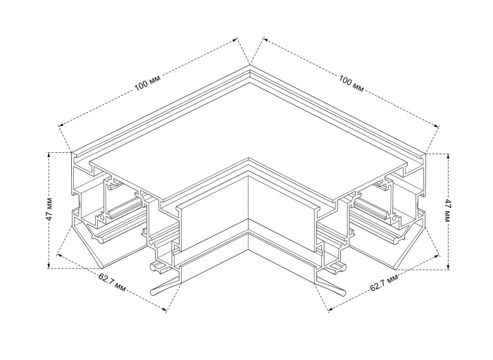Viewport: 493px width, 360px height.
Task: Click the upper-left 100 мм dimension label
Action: [147, 82]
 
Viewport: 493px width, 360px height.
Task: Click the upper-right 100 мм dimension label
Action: [351, 83]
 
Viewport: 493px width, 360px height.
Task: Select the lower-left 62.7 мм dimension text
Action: [112, 282]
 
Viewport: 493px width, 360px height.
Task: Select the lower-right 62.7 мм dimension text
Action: [385, 283]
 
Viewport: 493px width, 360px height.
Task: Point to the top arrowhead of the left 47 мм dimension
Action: [49, 155]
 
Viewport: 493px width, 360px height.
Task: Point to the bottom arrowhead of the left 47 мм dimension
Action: [49, 266]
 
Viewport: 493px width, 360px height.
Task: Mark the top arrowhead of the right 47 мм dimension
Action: [449, 156]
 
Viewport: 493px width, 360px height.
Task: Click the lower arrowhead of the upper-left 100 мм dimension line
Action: [61, 125]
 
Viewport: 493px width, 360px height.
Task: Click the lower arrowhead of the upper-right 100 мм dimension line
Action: [437, 125]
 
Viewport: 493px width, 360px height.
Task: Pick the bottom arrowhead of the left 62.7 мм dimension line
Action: [164, 310]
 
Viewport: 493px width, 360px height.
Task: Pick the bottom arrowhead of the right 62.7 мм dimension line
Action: [330, 310]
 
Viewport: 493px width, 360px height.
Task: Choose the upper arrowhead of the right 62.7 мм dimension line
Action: [437, 256]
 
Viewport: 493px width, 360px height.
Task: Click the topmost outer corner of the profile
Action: [250, 65]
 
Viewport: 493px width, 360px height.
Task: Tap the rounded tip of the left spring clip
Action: [153, 292]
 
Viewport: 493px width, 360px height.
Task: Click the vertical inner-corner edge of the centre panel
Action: [249, 197]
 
